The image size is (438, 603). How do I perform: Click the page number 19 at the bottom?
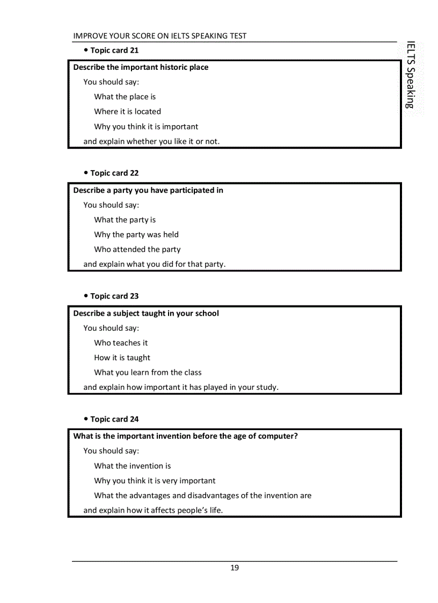(235, 568)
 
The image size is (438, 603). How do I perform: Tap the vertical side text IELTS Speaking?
(411, 75)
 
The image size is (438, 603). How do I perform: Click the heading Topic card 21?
(114, 50)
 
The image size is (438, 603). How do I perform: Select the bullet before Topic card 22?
(86, 173)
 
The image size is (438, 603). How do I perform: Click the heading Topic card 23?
(114, 296)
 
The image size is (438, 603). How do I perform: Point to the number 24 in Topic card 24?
(134, 419)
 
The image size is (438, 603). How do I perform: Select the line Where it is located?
(127, 112)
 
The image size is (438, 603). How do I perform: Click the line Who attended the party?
(137, 250)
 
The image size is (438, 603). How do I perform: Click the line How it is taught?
(122, 358)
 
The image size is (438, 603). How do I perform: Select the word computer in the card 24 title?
(276, 437)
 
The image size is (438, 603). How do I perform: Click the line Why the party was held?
(136, 235)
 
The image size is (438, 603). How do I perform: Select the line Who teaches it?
(121, 343)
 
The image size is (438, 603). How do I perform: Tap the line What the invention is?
(133, 466)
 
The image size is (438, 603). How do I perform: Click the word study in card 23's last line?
(266, 387)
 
